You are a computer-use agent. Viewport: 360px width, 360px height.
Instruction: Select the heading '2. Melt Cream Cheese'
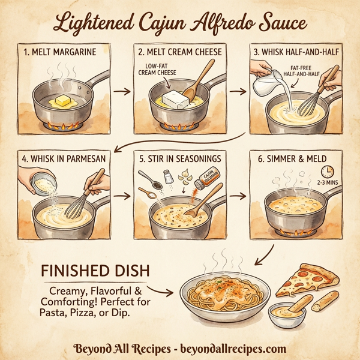coord(179,52)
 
